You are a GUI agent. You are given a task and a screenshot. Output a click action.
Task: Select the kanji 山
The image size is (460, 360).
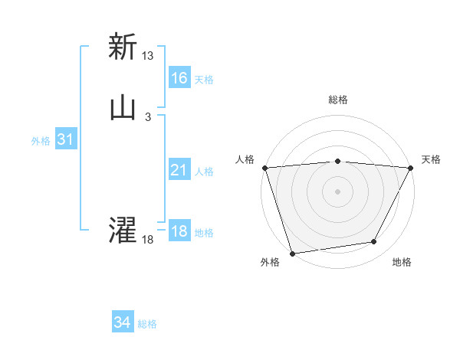click(122, 108)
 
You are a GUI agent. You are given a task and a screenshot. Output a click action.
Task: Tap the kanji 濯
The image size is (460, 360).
click(122, 231)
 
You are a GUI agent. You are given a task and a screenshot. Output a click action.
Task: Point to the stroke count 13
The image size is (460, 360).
click(148, 56)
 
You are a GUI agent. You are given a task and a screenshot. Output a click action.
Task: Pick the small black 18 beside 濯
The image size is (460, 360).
click(148, 240)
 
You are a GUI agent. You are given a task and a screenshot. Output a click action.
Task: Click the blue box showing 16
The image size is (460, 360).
click(179, 78)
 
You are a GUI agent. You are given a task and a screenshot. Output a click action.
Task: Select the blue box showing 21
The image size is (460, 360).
click(179, 170)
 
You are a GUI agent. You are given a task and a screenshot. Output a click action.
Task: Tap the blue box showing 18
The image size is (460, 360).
click(179, 231)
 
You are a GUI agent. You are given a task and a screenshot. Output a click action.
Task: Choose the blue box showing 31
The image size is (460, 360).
click(65, 139)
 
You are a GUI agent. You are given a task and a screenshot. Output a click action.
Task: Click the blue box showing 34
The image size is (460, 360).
click(123, 323)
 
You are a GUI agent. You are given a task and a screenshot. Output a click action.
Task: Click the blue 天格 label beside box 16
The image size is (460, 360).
click(204, 80)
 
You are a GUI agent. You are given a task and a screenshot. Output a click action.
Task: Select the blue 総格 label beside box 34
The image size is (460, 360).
click(147, 324)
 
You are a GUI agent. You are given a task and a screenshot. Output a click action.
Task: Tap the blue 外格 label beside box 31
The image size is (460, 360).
click(41, 141)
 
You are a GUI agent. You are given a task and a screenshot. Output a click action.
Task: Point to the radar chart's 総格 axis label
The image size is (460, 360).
click(338, 100)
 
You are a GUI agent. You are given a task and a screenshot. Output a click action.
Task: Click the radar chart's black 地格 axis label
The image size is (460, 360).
click(402, 262)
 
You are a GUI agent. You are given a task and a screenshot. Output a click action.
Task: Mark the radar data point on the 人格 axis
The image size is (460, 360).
click(264, 167)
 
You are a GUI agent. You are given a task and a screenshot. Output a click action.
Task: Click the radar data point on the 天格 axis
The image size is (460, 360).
click(411, 167)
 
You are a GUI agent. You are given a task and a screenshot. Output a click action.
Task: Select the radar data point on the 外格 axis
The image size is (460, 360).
click(292, 253)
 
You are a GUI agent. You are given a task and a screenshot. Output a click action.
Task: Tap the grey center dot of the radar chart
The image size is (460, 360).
click(337, 191)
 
